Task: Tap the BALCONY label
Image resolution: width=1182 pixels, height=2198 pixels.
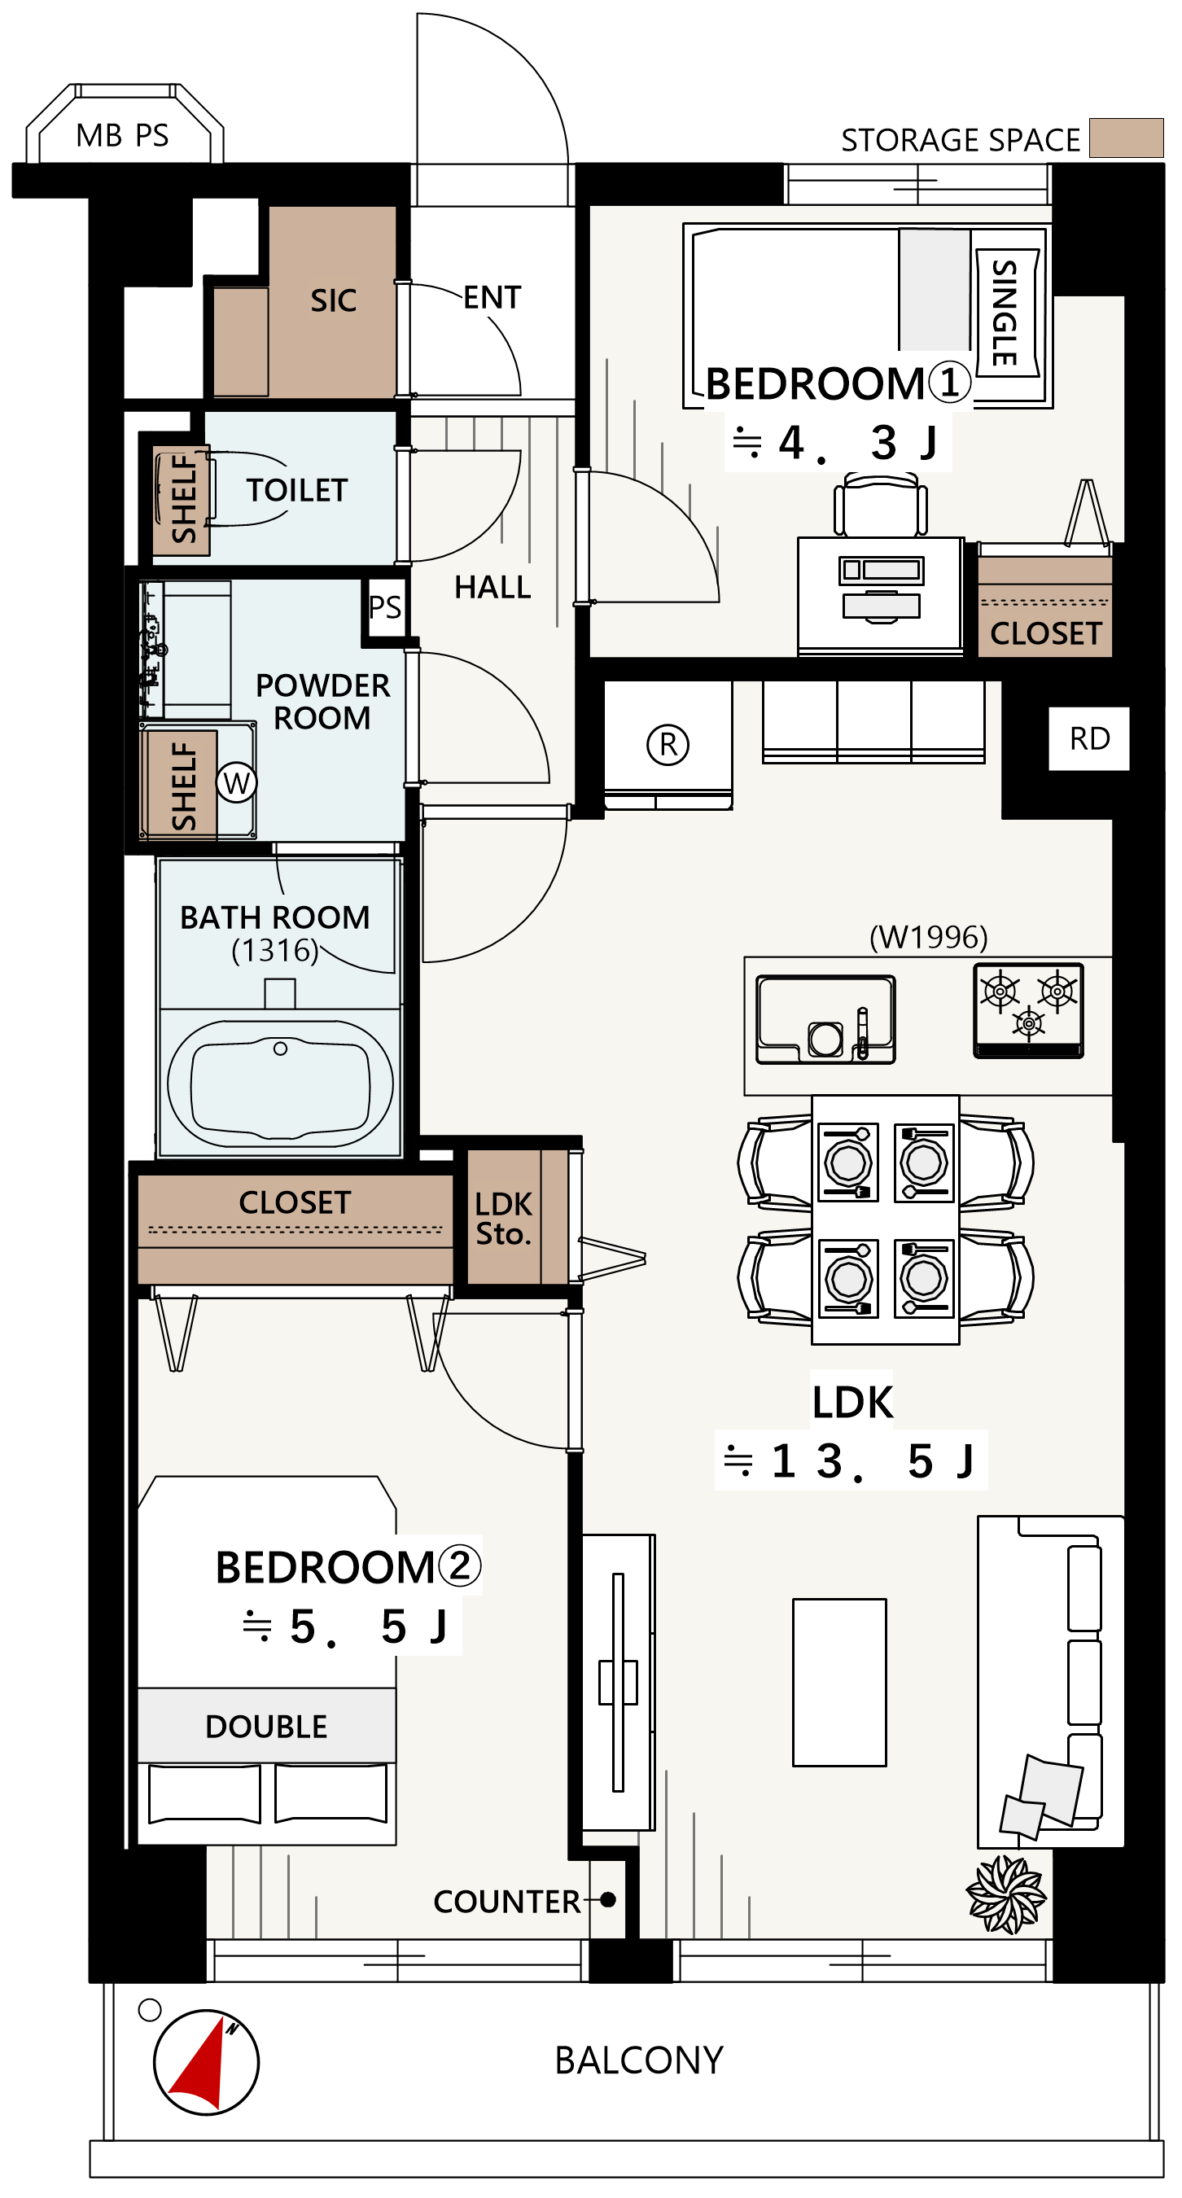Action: [638, 2060]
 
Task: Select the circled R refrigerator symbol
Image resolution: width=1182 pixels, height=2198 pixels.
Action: [668, 744]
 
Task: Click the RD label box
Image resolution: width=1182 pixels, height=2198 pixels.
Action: [1089, 739]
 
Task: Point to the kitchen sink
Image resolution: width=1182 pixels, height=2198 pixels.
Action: [825, 1020]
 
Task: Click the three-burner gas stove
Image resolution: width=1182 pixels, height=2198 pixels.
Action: [1028, 1011]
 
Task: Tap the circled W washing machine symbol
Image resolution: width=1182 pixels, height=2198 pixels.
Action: [236, 782]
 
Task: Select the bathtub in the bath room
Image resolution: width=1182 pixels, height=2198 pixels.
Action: [280, 1084]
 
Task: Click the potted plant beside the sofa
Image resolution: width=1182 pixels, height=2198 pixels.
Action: [1006, 1895]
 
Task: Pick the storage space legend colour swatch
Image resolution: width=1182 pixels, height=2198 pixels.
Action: [1127, 138]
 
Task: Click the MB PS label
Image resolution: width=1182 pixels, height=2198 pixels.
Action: [122, 136]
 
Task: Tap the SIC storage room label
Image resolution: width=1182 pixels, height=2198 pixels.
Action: [333, 301]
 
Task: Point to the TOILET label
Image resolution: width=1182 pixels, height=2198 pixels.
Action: [297, 491]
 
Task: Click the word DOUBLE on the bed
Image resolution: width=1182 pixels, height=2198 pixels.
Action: [266, 1727]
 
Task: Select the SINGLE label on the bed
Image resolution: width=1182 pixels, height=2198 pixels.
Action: [1005, 313]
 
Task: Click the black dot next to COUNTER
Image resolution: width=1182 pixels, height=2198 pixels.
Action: [607, 1900]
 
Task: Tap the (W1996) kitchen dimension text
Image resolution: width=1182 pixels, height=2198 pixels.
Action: [929, 937]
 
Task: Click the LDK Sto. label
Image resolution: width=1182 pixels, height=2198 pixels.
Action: [504, 1219]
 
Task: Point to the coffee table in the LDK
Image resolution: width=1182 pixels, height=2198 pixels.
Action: [839, 1682]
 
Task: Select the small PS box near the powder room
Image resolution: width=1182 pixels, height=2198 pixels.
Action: [385, 606]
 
